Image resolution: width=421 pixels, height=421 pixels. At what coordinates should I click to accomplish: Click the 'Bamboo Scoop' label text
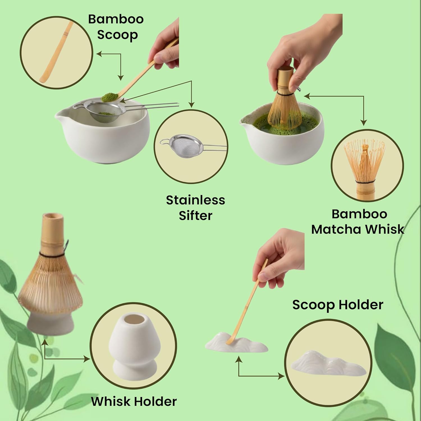116,27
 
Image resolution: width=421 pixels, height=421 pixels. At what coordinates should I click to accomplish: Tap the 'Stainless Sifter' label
195,208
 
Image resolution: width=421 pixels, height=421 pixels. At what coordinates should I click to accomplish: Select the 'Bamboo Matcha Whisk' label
358,222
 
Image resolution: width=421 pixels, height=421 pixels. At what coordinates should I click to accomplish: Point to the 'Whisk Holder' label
134,401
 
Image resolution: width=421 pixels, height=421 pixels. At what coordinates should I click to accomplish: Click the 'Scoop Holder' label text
338,305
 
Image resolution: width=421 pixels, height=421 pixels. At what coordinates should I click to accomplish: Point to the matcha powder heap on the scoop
108,97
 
